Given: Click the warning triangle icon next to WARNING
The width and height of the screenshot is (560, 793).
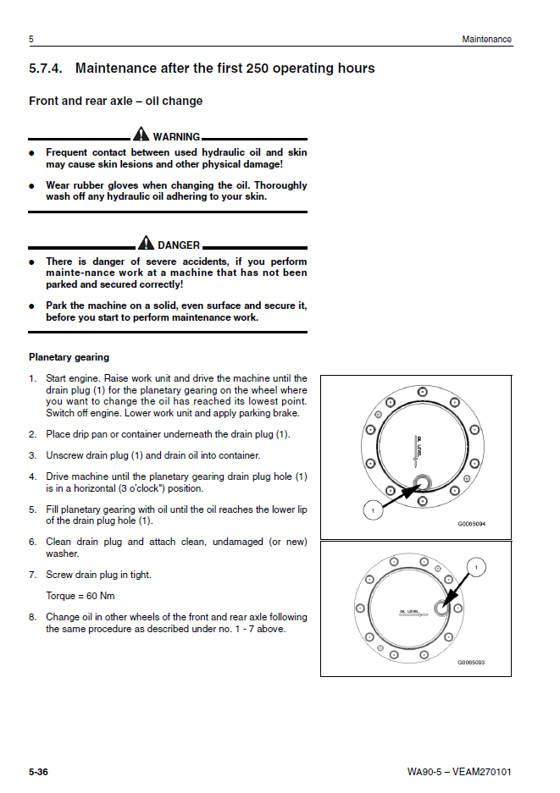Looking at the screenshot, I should [141, 135].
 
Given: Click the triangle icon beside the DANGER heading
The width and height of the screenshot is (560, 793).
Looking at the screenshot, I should [146, 244].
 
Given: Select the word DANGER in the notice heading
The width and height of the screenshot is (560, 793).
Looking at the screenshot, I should [179, 245].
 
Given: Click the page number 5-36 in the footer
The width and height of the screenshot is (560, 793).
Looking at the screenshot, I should [38, 772].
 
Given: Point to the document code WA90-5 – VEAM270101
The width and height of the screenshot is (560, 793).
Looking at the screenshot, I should [459, 772].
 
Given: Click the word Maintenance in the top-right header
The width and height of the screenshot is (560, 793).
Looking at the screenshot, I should [486, 40].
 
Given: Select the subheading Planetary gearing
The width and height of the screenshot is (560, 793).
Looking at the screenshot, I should [69, 357].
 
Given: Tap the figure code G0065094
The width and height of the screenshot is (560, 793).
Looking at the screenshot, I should [473, 524].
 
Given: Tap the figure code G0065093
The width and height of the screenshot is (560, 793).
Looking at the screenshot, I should [472, 663].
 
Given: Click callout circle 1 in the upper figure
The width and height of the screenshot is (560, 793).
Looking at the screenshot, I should [369, 511].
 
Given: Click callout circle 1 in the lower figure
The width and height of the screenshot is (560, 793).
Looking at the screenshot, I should [477, 567].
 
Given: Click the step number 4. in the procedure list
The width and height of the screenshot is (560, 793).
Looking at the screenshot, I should [32, 476].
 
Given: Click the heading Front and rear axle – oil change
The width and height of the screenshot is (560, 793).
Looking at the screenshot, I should [115, 102].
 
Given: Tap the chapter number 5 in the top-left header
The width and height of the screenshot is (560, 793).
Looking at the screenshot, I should [31, 40].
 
